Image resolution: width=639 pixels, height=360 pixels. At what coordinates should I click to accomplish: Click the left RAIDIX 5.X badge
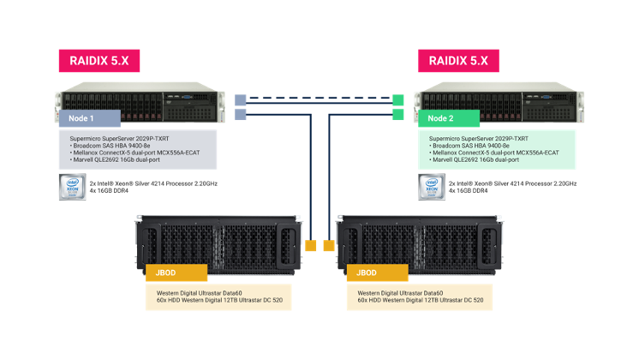99,61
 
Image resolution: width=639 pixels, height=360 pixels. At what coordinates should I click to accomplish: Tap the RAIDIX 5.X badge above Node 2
458,61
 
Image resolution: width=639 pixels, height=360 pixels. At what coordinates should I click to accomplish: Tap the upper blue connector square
241,99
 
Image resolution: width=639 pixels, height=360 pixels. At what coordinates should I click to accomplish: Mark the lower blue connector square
241,114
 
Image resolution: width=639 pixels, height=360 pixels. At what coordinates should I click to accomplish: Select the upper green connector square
398,99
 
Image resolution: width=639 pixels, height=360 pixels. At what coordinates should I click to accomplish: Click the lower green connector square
398,114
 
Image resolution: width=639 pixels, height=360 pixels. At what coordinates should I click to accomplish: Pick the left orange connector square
311,246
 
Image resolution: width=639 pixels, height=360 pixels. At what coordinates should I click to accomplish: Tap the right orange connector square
328,246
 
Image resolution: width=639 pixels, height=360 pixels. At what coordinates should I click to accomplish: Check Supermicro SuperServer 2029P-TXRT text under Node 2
479,138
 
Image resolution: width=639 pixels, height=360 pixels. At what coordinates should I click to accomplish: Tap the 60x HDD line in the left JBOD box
218,301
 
